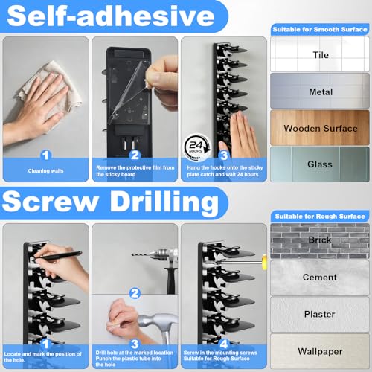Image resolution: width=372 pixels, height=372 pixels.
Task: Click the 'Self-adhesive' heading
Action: [x=111, y=16]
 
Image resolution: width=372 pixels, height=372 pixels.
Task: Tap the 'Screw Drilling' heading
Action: [x=110, y=202]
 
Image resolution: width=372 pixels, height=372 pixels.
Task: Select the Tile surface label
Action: [x=321, y=55]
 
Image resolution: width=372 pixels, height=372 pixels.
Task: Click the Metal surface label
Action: [x=321, y=92]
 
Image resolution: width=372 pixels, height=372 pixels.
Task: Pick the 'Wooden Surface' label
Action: [x=321, y=129]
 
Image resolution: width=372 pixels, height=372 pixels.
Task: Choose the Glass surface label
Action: [x=320, y=164]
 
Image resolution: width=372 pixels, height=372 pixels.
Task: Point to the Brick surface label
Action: [x=320, y=240]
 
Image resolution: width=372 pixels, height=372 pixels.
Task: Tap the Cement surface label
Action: [x=320, y=277]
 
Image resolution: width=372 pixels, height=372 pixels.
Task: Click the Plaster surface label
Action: [x=319, y=314]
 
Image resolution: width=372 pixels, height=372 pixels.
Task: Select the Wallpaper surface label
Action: [x=320, y=351]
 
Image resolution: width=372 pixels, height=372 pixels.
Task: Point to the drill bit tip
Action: [x=132, y=254]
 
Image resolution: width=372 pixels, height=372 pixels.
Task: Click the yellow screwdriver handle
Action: [x=264, y=262]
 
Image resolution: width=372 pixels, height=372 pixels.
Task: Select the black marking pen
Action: [x=57, y=256]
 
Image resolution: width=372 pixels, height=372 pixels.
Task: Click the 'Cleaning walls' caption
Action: [x=45, y=171]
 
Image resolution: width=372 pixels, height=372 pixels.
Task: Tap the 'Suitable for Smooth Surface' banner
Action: [x=320, y=29]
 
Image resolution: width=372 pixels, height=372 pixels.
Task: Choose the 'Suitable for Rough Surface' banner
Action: [x=320, y=217]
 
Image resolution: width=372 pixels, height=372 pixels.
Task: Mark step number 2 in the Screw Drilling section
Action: [x=135, y=293]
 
